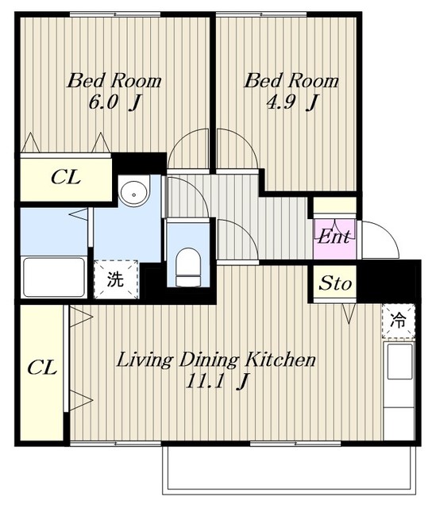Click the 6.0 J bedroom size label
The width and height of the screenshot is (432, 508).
click(114, 102)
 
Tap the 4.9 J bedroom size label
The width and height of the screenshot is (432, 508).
click(292, 102)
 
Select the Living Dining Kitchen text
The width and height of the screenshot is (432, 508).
click(216, 360)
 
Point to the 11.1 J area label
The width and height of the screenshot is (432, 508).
click(217, 382)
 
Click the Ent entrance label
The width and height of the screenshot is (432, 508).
click(334, 237)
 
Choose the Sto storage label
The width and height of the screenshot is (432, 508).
click(335, 283)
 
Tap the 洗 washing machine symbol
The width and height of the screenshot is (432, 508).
click(116, 279)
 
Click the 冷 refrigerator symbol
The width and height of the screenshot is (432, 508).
click(399, 321)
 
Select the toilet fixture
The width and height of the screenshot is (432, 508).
click(188, 267)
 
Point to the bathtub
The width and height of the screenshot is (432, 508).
click(54, 277)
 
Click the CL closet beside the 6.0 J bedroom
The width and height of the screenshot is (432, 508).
click(66, 178)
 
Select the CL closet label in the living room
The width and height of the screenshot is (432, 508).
click(42, 368)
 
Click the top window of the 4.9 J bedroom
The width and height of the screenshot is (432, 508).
click(261, 14)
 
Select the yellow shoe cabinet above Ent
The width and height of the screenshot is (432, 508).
click(335, 206)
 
